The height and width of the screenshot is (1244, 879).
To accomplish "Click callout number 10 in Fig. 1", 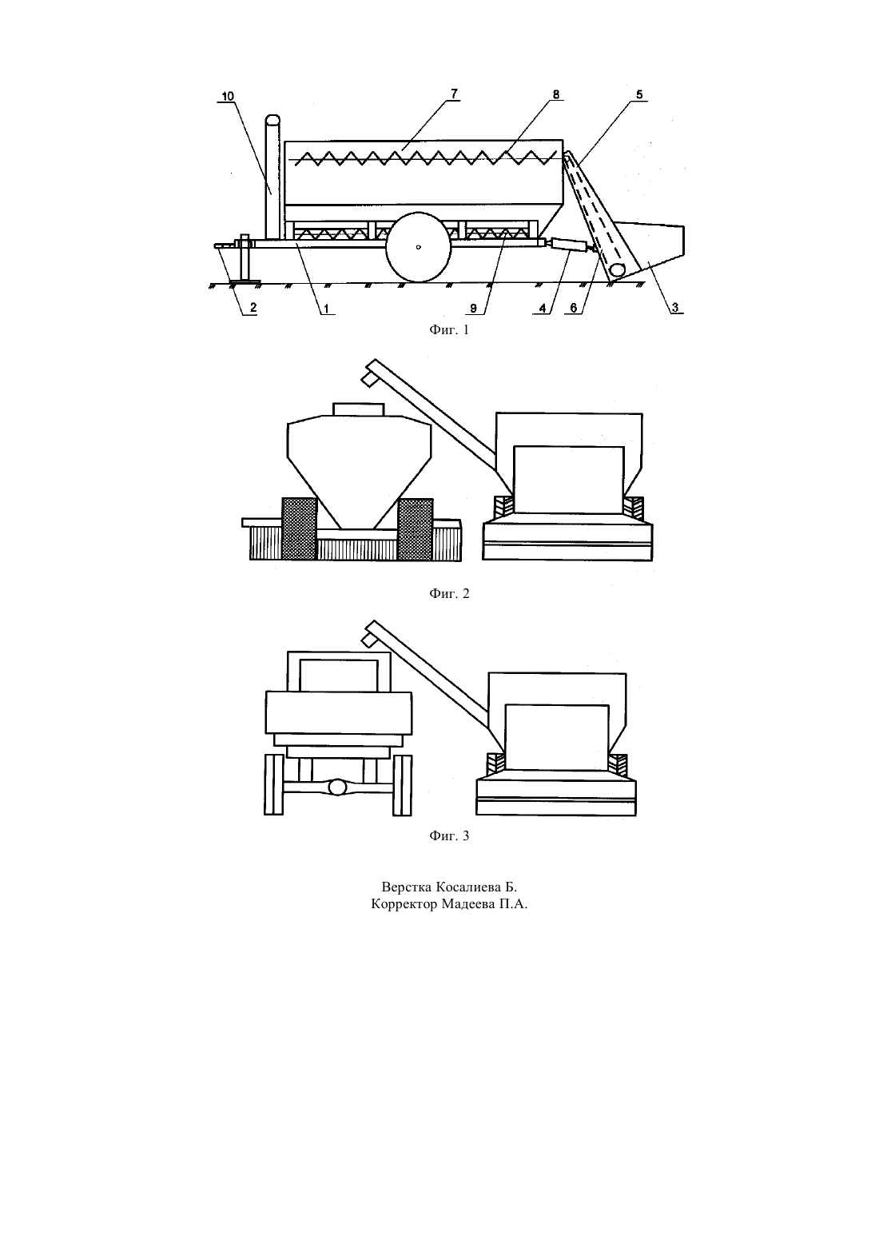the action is (228, 97).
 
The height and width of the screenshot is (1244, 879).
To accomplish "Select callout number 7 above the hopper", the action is (455, 94).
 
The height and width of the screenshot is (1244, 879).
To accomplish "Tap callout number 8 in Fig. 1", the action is (556, 94).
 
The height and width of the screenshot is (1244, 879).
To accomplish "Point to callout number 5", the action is (639, 95).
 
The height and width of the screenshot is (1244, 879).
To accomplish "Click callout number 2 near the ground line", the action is (253, 307).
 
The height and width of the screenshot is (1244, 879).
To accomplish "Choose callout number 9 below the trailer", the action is (473, 308).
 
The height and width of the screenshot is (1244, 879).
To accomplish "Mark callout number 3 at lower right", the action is (674, 307).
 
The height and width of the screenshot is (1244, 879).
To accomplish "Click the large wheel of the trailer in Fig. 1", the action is (419, 247).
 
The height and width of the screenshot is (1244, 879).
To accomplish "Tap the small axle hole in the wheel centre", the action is (419, 247).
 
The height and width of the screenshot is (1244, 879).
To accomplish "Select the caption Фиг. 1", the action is (449, 330).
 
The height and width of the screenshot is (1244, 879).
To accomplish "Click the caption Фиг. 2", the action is (449, 594).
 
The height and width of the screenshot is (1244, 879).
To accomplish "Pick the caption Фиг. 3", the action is (449, 835).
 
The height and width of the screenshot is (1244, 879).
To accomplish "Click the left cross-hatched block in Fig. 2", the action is (300, 528).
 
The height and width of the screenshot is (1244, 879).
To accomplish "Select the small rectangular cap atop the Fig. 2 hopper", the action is (358, 409).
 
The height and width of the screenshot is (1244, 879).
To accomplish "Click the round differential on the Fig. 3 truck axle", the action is (337, 787).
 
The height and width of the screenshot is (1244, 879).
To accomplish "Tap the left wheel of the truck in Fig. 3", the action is (273, 785).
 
